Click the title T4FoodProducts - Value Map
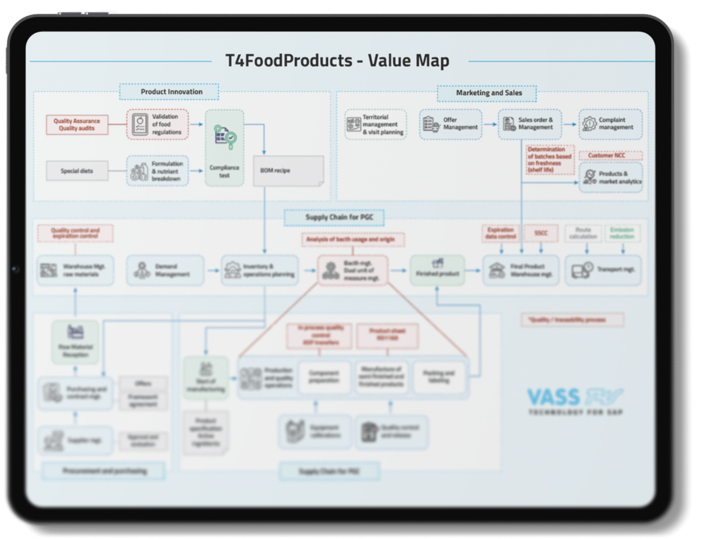[x=337, y=61]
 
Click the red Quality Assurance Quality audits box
[x=77, y=125]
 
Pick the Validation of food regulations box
[x=157, y=124]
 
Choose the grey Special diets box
[x=77, y=171]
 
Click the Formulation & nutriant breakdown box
[x=157, y=171]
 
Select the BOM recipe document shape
[x=288, y=171]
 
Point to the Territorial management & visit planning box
[x=376, y=124]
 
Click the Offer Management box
[x=451, y=124]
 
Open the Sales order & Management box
[x=530, y=124]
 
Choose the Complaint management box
[x=610, y=124]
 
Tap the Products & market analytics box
[x=610, y=177]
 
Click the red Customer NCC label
[x=610, y=155]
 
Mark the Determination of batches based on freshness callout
[x=550, y=160]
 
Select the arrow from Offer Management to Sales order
[x=490, y=124]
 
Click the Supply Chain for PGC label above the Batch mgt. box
[x=334, y=217]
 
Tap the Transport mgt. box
[x=603, y=269]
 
